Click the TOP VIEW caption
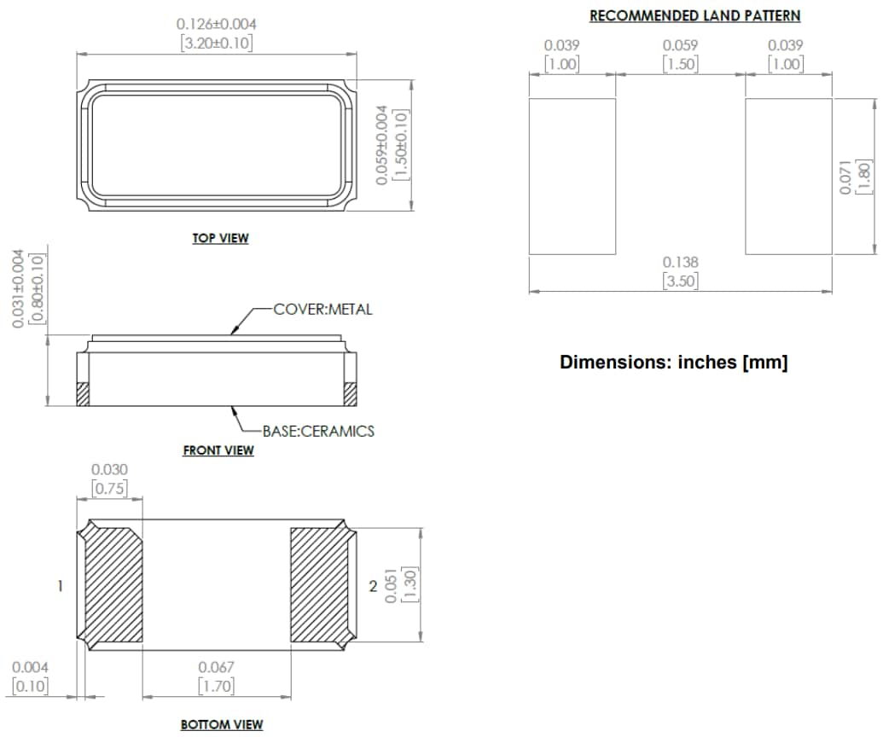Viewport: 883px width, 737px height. click(x=220, y=238)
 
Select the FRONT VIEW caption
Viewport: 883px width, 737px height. click(x=218, y=450)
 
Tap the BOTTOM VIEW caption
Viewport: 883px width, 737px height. click(x=222, y=724)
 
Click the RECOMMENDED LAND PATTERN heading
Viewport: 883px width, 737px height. click(x=694, y=16)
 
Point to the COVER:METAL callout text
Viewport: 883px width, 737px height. click(x=322, y=309)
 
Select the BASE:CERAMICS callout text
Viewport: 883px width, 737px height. click(x=317, y=431)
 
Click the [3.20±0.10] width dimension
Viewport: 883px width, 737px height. click(x=216, y=43)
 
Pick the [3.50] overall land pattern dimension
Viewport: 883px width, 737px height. click(x=680, y=281)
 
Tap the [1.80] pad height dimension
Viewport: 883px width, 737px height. click(x=863, y=177)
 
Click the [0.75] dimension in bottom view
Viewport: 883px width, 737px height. click(x=109, y=489)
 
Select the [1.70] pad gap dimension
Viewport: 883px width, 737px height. click(x=216, y=685)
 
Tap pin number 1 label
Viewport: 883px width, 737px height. click(x=60, y=586)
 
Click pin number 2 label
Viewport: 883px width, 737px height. click(x=372, y=586)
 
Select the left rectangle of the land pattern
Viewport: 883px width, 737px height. click(x=572, y=177)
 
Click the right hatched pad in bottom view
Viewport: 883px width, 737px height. click(x=319, y=585)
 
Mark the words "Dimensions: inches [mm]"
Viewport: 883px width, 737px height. click(x=673, y=362)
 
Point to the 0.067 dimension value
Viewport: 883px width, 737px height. click(x=216, y=667)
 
